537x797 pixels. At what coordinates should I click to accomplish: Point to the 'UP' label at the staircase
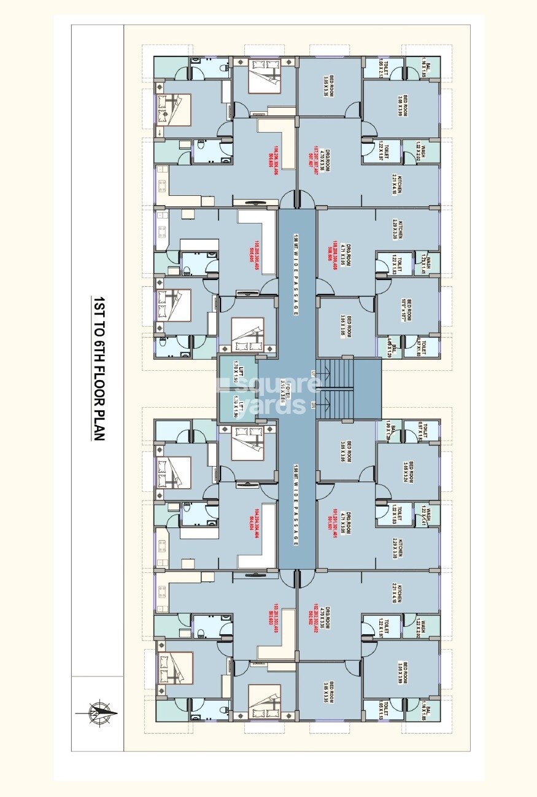(x=313, y=373)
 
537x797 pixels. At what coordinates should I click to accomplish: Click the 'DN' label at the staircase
(x=313, y=405)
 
